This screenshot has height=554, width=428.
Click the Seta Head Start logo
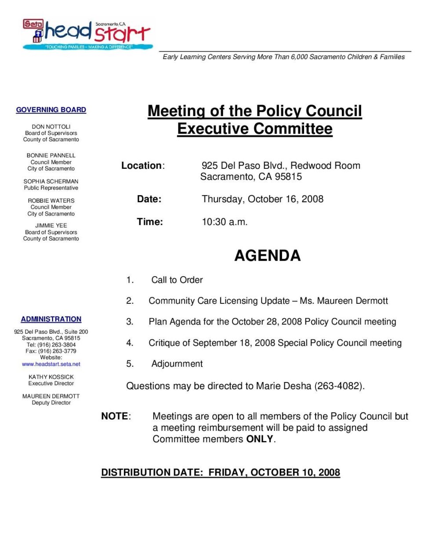pos(88,34)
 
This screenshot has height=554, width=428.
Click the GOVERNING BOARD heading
pos(51,110)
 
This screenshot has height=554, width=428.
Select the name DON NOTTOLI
pos(51,127)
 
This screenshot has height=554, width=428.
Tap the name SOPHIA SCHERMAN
pos(51,181)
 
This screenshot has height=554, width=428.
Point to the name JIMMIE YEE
pos(51,226)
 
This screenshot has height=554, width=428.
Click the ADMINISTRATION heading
pos(51,319)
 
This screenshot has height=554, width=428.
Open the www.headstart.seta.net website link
pos(51,364)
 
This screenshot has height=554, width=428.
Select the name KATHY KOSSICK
pos(51,377)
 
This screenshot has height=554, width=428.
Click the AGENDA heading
pos(267,255)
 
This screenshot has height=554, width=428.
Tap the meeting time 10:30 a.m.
pos(225,222)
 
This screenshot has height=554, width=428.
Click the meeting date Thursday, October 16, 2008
pos(262,199)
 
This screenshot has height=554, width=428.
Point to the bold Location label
pos(141,166)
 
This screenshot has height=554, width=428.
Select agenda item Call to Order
pos(177,280)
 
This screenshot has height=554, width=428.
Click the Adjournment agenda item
pos(177,364)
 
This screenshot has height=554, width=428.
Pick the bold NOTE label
pos(115,416)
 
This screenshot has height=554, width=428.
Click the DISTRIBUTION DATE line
pos(220,473)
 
